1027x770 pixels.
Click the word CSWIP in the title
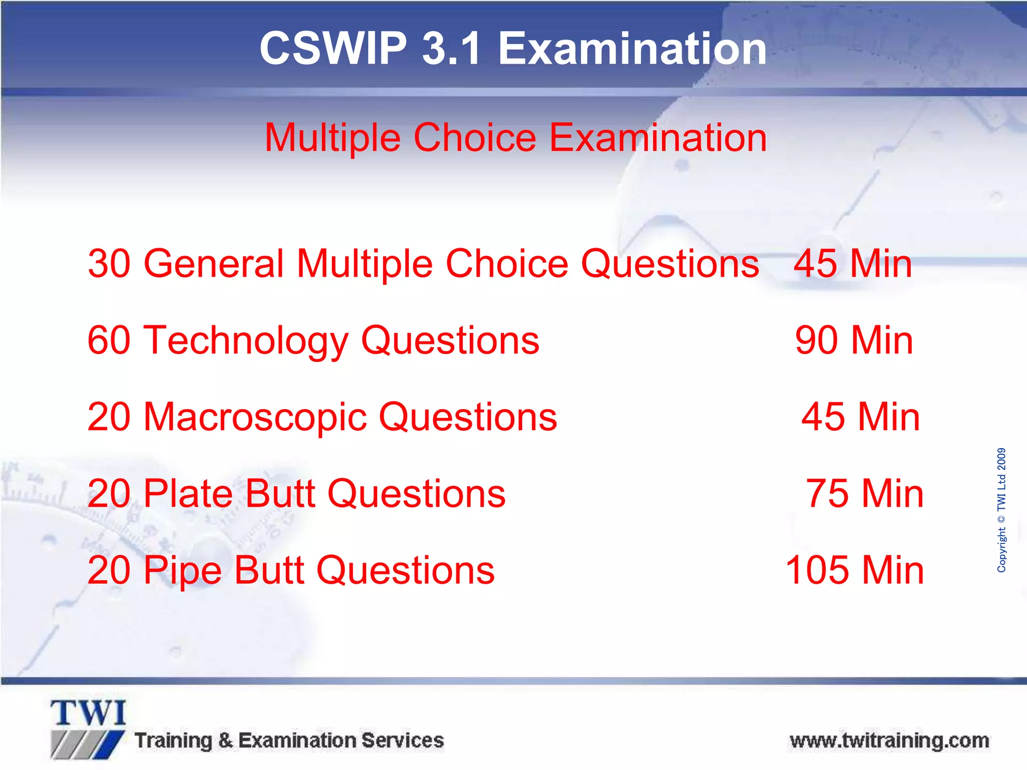click(x=333, y=49)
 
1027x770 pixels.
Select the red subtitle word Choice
click(x=475, y=138)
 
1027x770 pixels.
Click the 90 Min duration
click(x=854, y=340)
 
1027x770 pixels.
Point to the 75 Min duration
click(x=865, y=494)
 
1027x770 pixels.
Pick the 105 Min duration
click(x=854, y=570)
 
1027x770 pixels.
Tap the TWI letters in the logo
click(x=88, y=713)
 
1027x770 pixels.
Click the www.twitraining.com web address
click(x=889, y=740)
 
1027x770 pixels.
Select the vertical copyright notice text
click(x=1001, y=510)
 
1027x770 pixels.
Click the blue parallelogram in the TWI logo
click(x=111, y=744)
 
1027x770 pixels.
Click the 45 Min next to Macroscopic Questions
click(x=861, y=417)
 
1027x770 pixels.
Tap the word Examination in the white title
click(x=632, y=49)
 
